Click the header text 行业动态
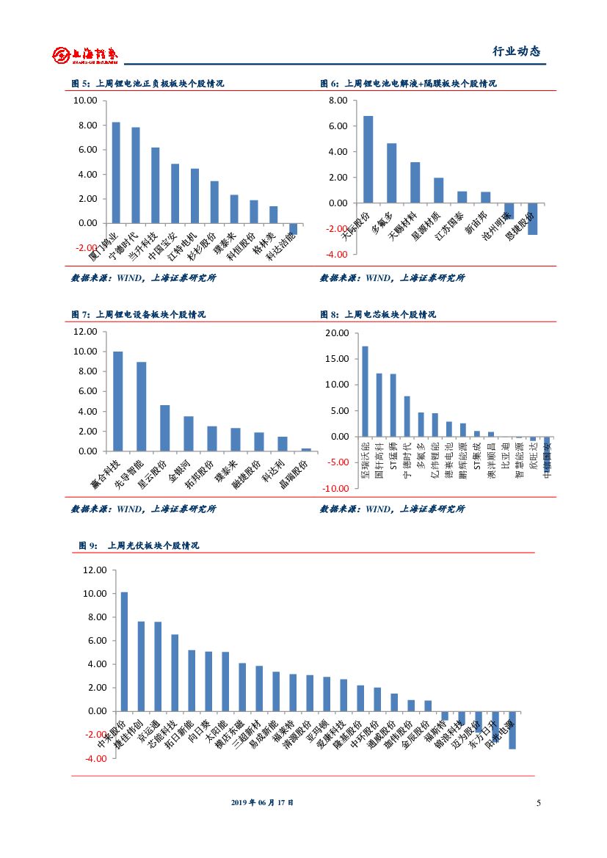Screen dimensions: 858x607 pos(515,52)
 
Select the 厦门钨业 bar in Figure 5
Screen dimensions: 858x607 pos(116,172)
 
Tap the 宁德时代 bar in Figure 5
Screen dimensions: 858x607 pos(136,175)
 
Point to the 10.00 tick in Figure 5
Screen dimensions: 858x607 pos(85,101)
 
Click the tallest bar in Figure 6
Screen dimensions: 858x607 pos(368,159)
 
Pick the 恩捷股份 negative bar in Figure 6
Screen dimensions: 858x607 pos(532,219)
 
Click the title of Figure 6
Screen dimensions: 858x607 pos(408,84)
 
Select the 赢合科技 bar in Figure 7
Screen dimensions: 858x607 pos(117,401)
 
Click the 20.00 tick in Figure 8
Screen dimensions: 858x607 pos(338,333)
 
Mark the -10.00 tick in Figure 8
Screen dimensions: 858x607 pos(337,489)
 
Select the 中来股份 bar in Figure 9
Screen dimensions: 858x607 pos(124,652)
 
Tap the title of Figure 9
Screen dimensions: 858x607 pos(139,546)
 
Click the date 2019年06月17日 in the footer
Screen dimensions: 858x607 pos(262,803)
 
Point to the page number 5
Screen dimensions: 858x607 pos(538,803)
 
